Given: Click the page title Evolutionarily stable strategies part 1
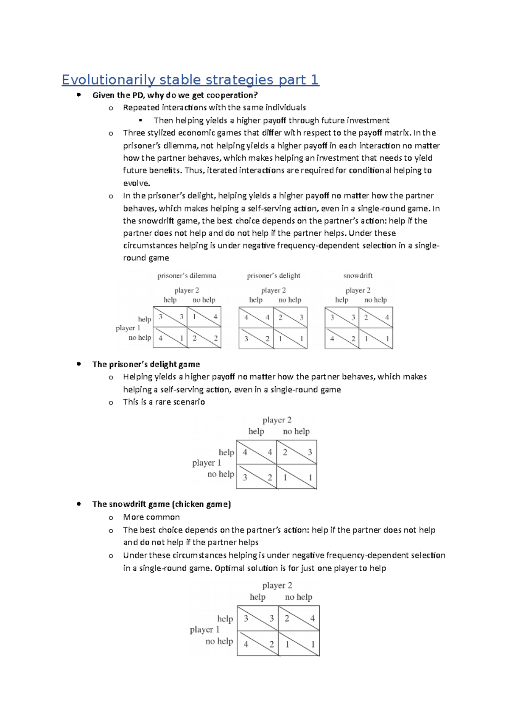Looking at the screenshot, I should [190, 80].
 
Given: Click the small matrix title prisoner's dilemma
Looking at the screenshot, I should [187, 276].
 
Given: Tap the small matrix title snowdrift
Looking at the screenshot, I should [358, 276].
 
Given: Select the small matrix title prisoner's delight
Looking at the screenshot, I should [274, 276].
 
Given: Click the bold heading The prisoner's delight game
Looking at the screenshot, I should [146, 364].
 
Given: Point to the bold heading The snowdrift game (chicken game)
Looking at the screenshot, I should [162, 504].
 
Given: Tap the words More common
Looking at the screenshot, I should [151, 517].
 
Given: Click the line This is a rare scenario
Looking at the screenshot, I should [164, 402].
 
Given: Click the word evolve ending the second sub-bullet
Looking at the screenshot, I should [136, 183].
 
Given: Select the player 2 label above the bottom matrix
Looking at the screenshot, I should [277, 586].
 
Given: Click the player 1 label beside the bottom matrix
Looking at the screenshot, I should [204, 630].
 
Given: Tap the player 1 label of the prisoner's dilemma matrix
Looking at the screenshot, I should [128, 328].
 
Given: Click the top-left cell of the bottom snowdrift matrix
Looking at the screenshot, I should [257, 618].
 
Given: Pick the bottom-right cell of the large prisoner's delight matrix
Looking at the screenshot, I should [296, 477].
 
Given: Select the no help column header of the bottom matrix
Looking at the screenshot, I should [298, 597].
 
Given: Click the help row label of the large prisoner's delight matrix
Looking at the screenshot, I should [226, 452].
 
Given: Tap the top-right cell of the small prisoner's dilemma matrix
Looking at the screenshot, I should [204, 317].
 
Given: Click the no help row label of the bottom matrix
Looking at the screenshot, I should [219, 641].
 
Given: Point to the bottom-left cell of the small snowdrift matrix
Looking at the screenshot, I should [342, 338].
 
